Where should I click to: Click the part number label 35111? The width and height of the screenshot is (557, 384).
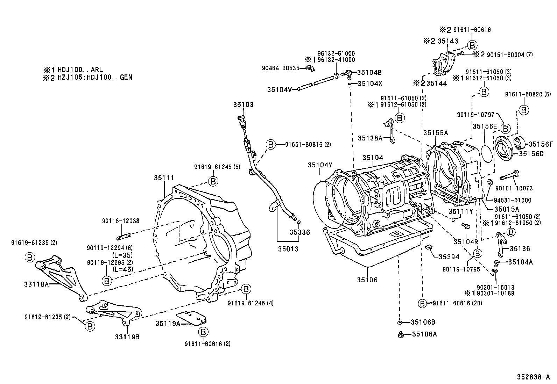click(164, 177)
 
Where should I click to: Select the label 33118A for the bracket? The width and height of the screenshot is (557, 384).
click(36, 284)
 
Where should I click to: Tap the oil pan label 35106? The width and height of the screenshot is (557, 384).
click(367, 280)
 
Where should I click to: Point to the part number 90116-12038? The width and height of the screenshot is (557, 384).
click(121, 221)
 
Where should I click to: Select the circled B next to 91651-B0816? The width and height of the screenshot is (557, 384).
click(270, 144)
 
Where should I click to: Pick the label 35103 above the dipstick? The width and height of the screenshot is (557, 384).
click(244, 104)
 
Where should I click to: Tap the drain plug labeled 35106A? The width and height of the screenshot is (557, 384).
click(401, 335)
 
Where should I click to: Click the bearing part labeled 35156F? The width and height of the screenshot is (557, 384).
click(520, 143)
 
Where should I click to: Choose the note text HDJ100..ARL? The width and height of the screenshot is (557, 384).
click(80, 70)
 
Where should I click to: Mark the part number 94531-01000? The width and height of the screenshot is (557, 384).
click(513, 200)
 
